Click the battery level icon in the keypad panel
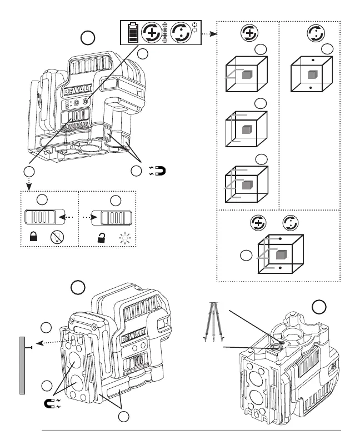pos(133,33)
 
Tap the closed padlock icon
pos(33,237)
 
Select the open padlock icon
pos(101,238)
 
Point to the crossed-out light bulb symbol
pos(57,237)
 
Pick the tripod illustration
pos(214,322)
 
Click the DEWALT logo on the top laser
pos(78,91)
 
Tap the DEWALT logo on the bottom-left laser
pos(134,336)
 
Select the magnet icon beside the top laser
pos(158,171)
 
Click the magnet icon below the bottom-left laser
pos(52,403)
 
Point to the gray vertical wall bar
pos(22,366)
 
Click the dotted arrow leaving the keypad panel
pos(209,34)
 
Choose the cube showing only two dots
pos(312,74)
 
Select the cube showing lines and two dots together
pos(281,254)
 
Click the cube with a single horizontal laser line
pos(246,74)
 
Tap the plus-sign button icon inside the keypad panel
pos(152,33)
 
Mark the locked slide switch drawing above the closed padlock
pos(45,217)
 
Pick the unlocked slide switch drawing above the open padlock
pos(112,218)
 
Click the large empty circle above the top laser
pos(88,38)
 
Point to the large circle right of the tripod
pos(319,307)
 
